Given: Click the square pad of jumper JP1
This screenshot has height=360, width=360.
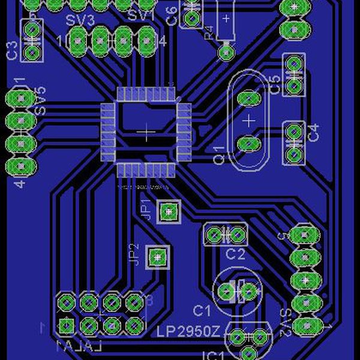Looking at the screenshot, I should (169, 211).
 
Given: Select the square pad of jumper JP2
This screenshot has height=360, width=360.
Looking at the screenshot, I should (157, 257).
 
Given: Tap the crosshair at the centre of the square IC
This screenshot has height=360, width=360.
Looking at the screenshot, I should (145, 132).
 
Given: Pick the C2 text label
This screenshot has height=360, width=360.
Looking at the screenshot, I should (235, 254).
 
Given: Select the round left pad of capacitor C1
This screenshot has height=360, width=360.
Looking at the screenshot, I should (226, 292).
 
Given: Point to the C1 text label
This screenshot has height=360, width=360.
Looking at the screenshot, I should (202, 310).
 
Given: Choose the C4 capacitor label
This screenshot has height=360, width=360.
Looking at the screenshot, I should (314, 132).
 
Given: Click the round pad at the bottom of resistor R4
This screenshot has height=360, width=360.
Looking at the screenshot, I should (226, 53).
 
